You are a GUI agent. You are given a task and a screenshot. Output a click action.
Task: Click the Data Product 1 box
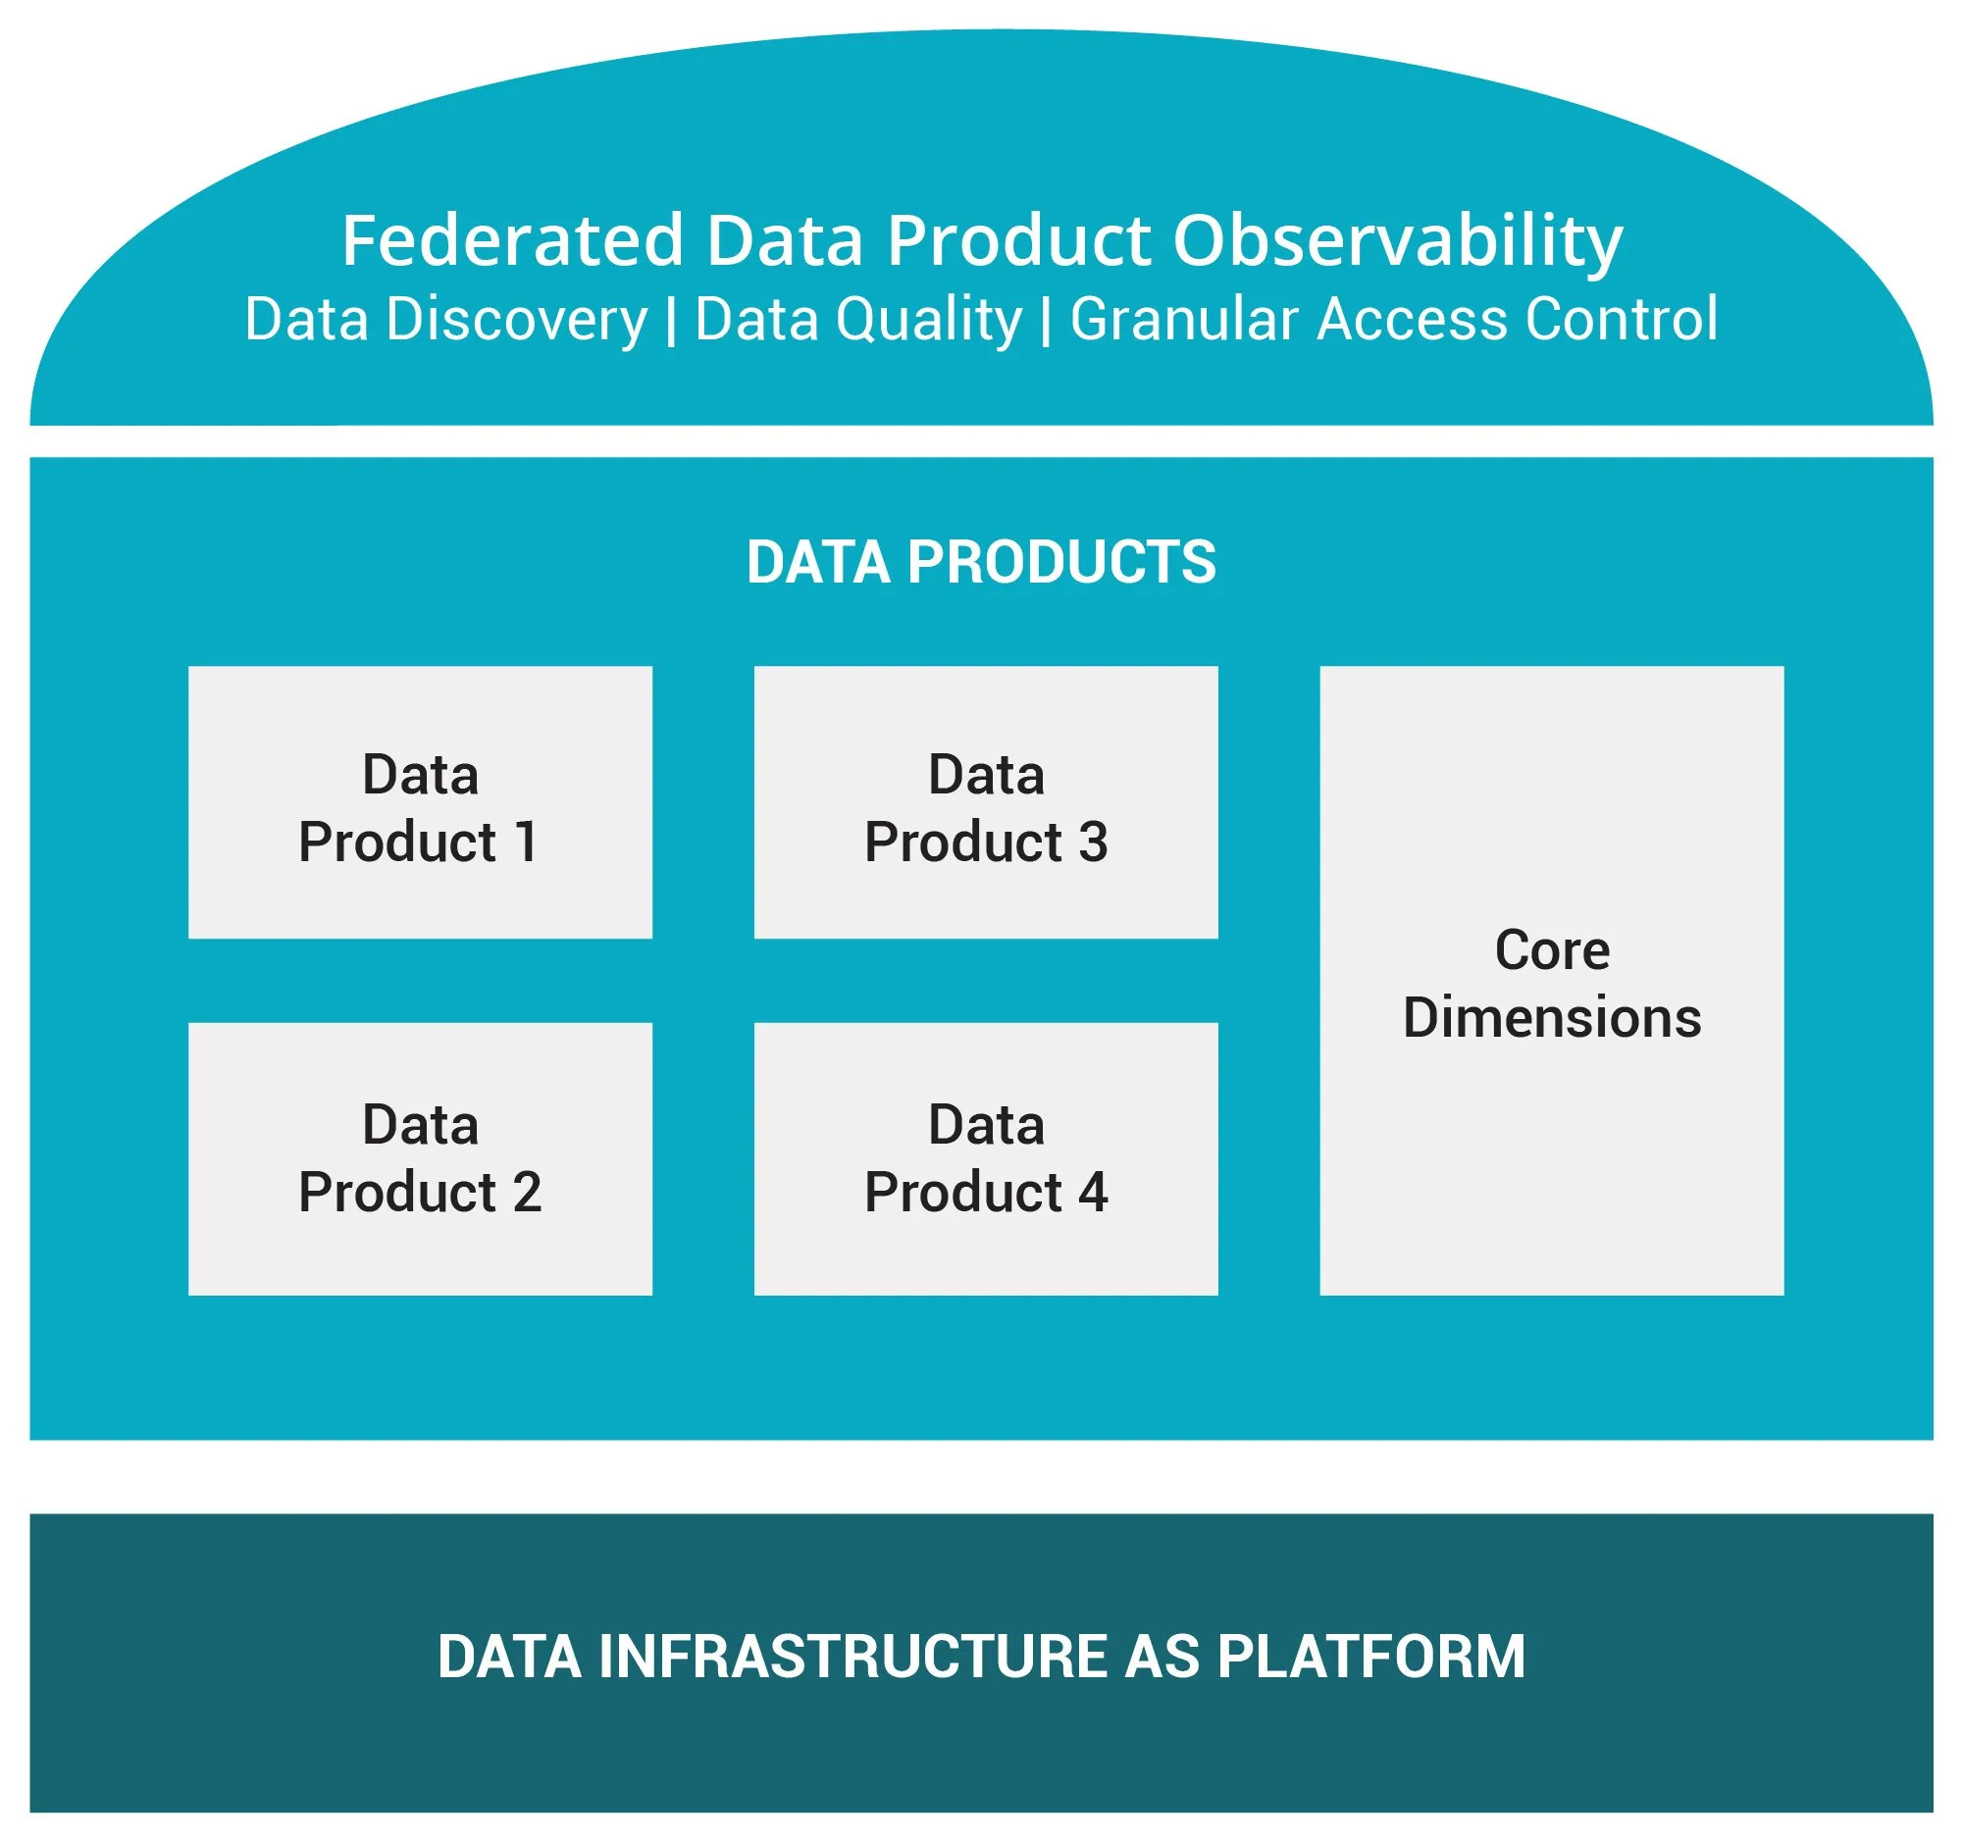point(420,801)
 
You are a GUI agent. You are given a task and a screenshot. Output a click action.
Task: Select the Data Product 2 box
point(420,1158)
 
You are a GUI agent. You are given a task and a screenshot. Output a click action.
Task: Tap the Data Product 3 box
point(985,801)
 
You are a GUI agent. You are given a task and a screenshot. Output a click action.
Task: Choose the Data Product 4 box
point(985,1158)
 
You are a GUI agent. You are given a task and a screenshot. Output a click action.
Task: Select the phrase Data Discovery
point(445,320)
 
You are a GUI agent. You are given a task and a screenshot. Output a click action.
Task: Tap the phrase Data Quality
point(857,320)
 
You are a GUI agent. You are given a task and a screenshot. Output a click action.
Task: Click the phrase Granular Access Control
point(1393,320)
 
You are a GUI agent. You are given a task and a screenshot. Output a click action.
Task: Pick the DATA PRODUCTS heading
point(981,562)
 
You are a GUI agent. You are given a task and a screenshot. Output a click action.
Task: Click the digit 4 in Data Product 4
point(1092,1192)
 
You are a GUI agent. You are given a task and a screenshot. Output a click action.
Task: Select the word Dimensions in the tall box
point(1551,1017)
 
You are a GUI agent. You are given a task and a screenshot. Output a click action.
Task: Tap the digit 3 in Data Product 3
point(1092,842)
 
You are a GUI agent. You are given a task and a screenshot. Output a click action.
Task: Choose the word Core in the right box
point(1551,950)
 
